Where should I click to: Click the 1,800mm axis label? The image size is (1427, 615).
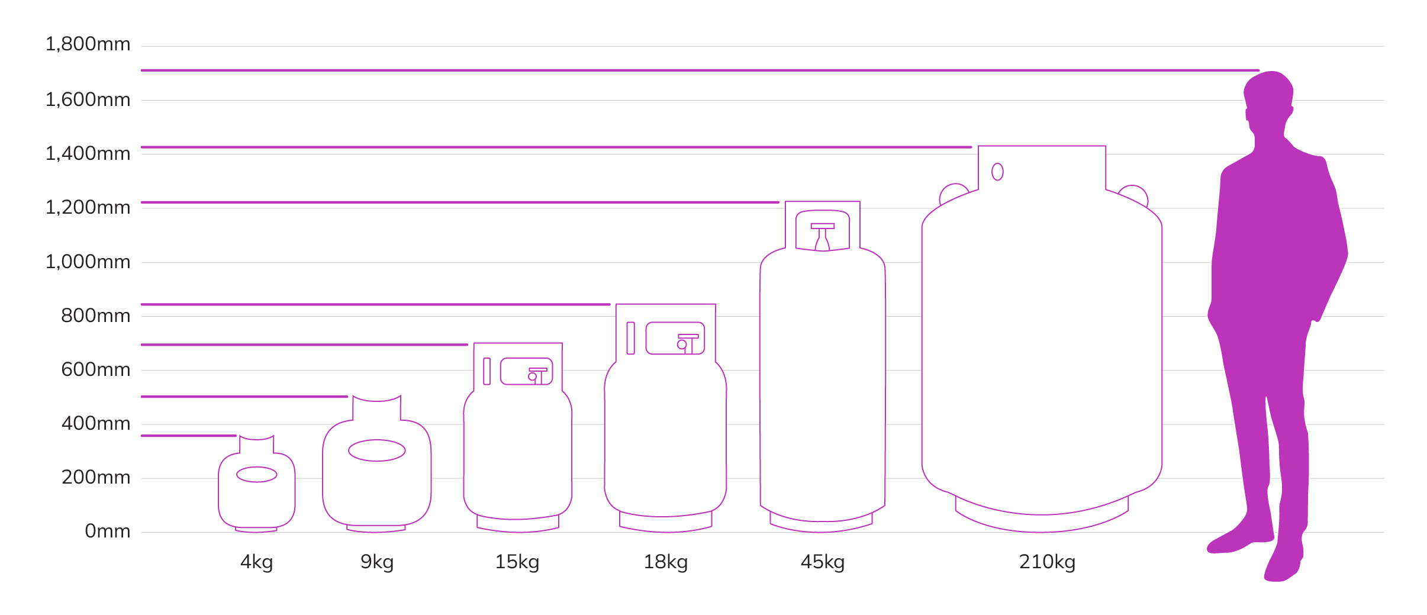pyautogui.click(x=88, y=44)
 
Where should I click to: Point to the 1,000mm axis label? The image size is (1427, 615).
pyautogui.click(x=88, y=262)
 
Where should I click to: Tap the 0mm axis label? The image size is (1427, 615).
pyautogui.click(x=107, y=531)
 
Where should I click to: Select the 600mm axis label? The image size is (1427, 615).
pyautogui.click(x=95, y=369)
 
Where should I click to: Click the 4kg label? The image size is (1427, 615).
pyautogui.click(x=257, y=562)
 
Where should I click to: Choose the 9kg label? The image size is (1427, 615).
pyautogui.click(x=377, y=562)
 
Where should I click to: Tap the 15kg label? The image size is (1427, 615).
pyautogui.click(x=517, y=562)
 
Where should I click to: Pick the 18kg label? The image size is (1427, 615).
pyautogui.click(x=666, y=562)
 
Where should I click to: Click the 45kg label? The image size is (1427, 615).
pyautogui.click(x=823, y=562)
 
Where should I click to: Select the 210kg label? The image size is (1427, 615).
pyautogui.click(x=1047, y=562)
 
